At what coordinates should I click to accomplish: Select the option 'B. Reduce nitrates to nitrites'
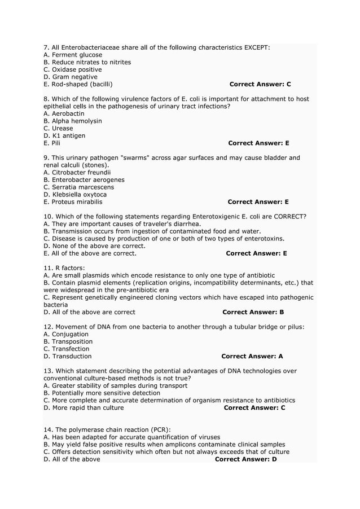(x=87, y=62)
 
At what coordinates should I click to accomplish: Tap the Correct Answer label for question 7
(x=260, y=84)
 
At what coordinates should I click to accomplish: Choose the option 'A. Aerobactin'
(x=64, y=113)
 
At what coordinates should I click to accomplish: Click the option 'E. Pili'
(x=52, y=143)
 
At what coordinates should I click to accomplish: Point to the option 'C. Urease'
(x=58, y=128)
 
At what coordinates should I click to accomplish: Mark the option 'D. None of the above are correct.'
(x=94, y=245)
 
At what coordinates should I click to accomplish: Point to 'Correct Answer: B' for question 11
(x=253, y=311)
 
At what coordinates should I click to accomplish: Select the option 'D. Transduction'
(x=67, y=356)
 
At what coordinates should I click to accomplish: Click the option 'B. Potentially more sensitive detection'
(x=102, y=393)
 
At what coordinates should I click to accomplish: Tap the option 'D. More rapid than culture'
(x=84, y=407)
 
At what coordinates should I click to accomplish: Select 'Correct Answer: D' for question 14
(x=246, y=459)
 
